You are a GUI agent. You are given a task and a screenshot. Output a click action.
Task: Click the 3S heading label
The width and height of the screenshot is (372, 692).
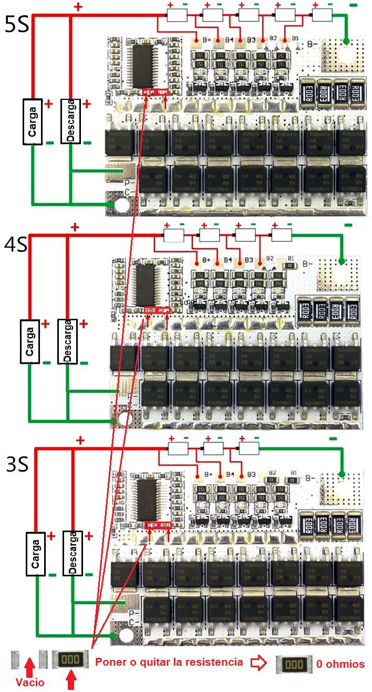pos(17,464)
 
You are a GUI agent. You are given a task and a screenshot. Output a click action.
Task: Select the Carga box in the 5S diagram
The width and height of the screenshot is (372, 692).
pos(33,120)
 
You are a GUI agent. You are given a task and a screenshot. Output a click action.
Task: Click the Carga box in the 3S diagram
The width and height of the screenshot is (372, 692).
pos(35,553)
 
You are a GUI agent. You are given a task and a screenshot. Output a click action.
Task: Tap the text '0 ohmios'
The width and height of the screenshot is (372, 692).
pos(340,664)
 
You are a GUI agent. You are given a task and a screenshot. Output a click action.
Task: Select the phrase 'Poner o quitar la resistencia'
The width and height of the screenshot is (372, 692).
pos(169,662)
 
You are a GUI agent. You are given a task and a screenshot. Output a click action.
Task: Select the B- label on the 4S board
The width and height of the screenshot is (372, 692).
pos(308,264)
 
